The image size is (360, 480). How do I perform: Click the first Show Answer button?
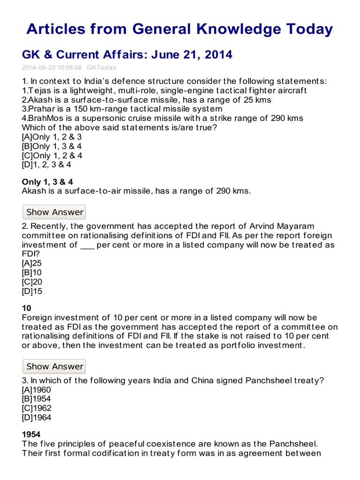point(54,212)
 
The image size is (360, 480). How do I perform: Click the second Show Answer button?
point(54,366)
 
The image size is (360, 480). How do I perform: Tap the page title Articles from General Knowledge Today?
point(180,30)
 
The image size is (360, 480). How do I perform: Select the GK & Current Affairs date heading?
point(127,54)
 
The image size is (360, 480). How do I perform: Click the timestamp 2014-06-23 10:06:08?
point(52,67)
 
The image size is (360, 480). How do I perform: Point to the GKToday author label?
point(102,67)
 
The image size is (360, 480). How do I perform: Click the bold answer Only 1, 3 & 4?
point(47,181)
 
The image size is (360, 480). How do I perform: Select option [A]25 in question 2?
point(32,263)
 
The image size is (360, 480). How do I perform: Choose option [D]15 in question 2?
point(32,291)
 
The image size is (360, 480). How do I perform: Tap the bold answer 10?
point(27,308)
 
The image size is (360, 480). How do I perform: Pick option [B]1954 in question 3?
point(37,399)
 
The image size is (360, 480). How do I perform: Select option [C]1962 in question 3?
point(37,408)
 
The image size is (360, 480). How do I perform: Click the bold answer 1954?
point(31,435)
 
